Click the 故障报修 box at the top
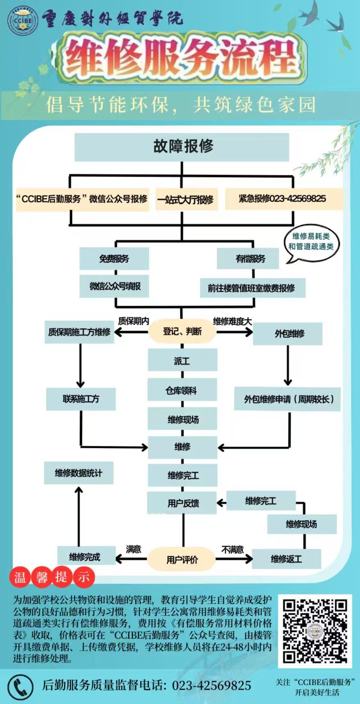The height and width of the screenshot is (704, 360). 182,146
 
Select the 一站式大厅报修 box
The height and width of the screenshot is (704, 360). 186,200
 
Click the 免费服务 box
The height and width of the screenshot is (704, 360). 114,259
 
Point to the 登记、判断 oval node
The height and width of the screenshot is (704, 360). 182,331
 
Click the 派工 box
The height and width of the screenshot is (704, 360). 182,361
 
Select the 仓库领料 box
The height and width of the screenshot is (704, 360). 182,391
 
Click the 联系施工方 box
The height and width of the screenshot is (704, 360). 81,399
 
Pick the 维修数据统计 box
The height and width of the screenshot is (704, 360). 78,473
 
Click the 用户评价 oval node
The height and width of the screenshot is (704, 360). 182,559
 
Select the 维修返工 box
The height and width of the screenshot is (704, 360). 286,559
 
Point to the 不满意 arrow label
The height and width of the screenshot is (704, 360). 232,550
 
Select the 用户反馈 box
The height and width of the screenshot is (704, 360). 182,503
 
